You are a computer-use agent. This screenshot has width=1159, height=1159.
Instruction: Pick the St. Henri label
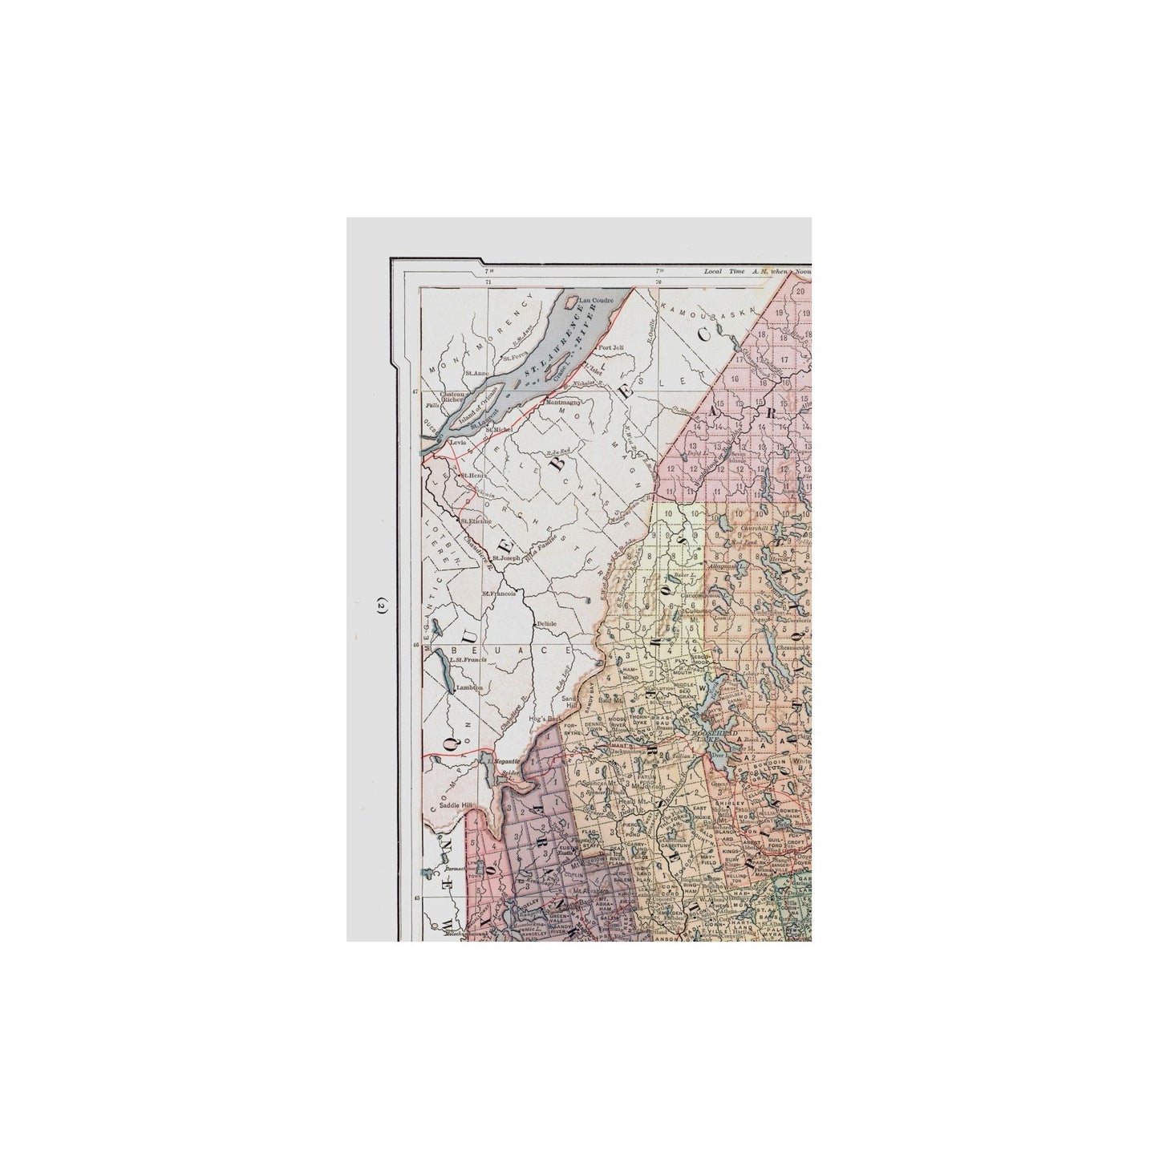click(x=471, y=476)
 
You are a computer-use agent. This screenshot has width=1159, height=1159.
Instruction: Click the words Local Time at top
click(x=722, y=271)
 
